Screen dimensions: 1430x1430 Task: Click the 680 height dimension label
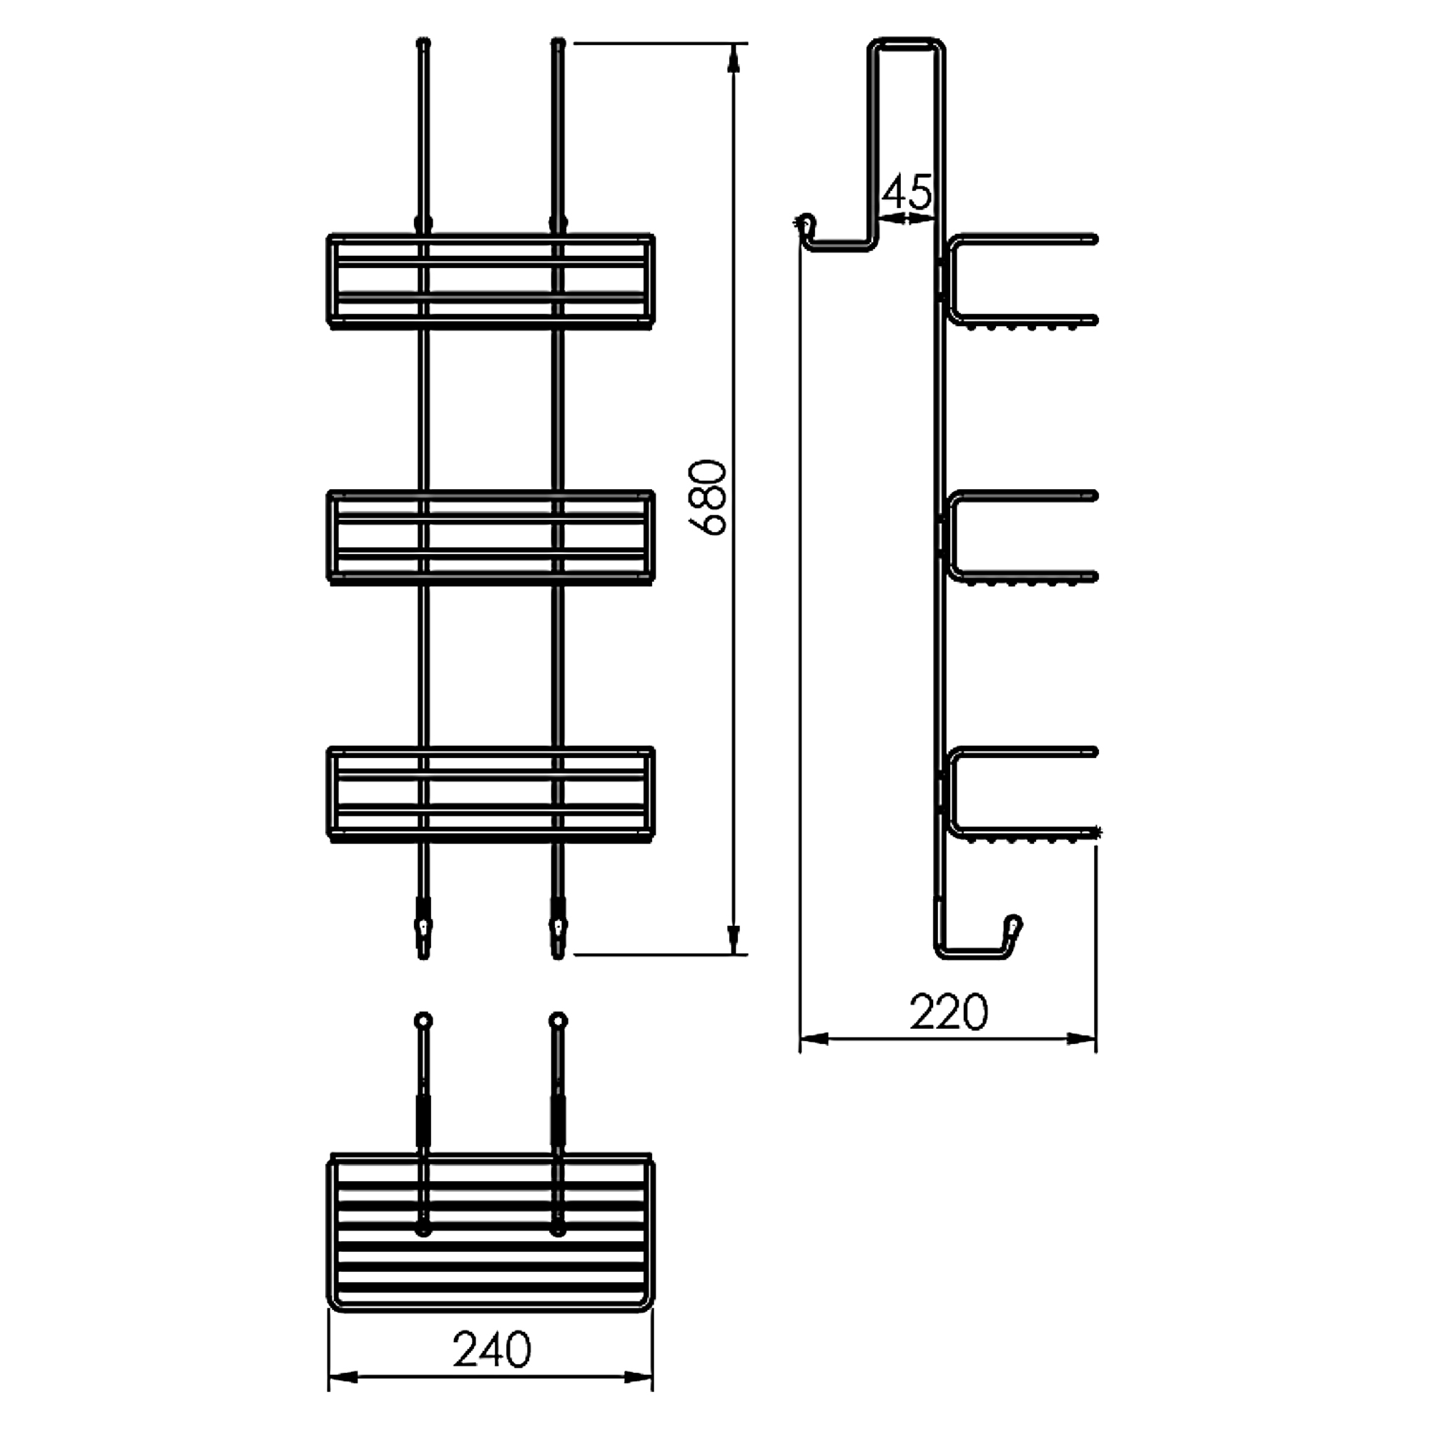(706, 497)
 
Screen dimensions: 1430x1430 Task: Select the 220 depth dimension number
(948, 1012)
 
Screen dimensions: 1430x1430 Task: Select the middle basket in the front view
(490, 537)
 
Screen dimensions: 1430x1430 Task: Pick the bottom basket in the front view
(490, 794)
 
